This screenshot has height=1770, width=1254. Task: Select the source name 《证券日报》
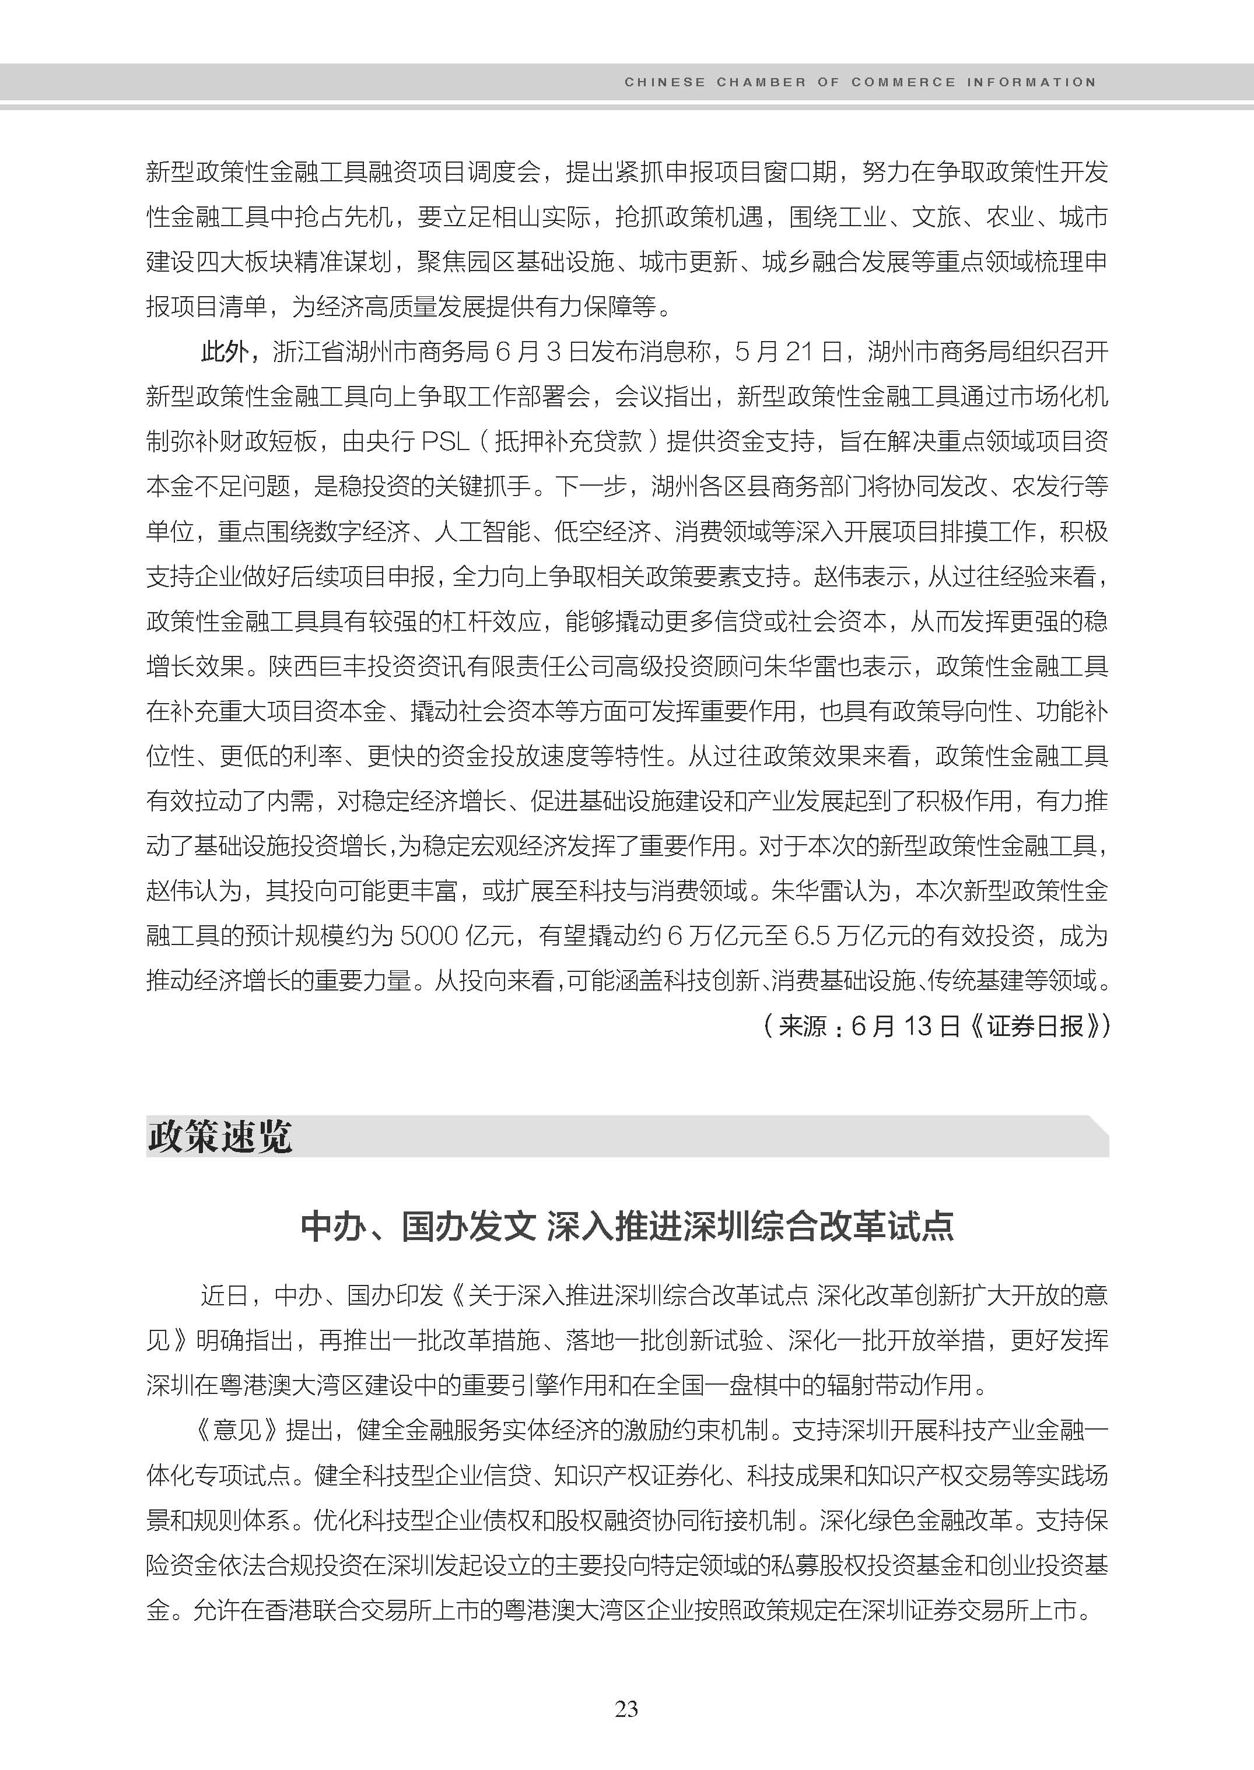tap(1035, 1026)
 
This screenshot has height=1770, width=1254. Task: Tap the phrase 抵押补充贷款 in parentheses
tap(568, 441)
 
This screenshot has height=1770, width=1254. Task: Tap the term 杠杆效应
tap(491, 621)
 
